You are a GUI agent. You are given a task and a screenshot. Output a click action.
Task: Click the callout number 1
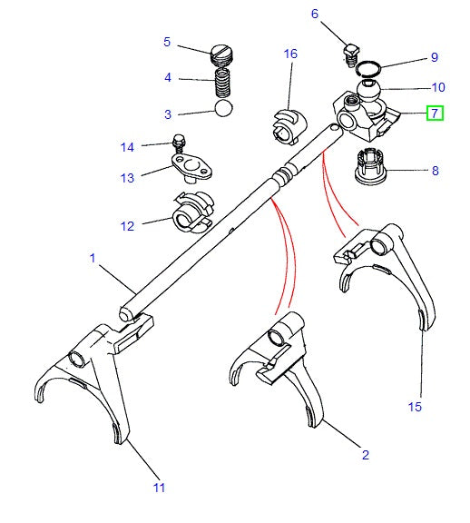(92, 259)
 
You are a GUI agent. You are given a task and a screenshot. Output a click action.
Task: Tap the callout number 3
(168, 114)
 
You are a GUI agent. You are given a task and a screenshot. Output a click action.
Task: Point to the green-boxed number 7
(436, 113)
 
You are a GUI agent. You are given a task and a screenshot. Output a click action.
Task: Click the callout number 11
(159, 488)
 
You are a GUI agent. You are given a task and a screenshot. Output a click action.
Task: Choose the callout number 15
(415, 406)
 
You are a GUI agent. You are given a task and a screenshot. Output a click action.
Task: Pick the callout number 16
(290, 54)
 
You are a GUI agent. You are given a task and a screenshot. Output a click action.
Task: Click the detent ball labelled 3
(223, 108)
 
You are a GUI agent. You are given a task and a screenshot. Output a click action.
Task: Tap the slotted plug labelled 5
(222, 54)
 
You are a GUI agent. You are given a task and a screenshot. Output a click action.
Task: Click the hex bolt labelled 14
(178, 143)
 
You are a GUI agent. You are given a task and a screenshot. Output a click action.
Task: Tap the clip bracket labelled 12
(190, 213)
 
